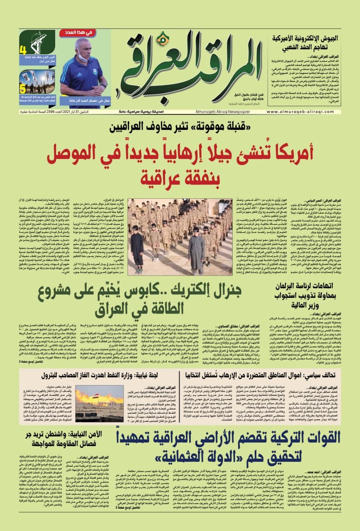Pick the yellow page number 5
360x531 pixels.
(x=23, y=88)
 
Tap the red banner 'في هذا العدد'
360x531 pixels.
(x=85, y=32)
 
